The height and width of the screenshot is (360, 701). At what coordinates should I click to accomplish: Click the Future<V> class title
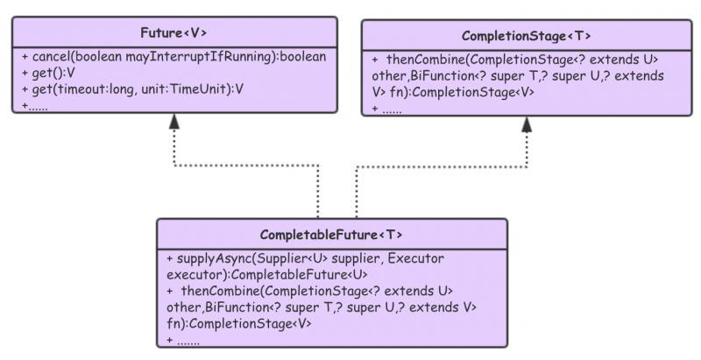click(173, 33)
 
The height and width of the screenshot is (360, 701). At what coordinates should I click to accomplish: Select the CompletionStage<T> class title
click(526, 36)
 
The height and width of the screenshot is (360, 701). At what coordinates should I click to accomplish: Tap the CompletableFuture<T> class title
click(331, 235)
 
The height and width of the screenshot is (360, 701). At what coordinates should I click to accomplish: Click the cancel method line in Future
click(173, 57)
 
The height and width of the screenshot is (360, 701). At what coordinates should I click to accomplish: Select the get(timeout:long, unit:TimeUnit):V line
click(131, 88)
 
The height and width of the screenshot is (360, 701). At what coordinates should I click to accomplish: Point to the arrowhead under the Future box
click(174, 122)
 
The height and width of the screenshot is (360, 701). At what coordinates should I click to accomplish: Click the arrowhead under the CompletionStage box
click(526, 124)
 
